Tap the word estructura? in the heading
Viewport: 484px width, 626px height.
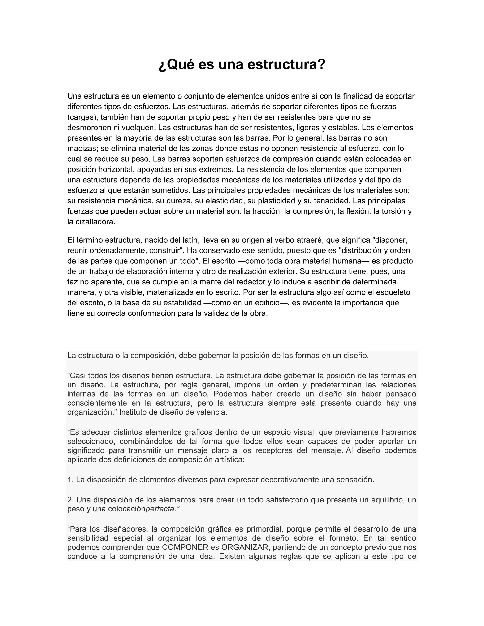pos(286,64)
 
